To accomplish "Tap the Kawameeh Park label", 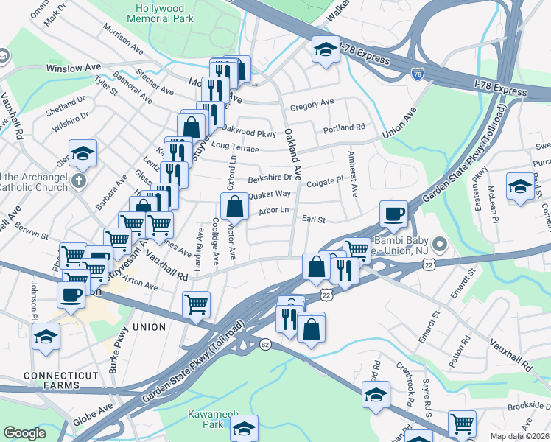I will [204, 419].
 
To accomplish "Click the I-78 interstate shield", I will [418, 74].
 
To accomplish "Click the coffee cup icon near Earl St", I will [393, 214].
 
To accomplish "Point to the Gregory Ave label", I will [312, 104].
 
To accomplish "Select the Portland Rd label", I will [344, 127].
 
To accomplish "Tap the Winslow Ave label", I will [73, 67].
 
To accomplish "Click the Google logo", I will [24, 433].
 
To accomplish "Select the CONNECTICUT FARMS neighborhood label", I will [51, 381].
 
